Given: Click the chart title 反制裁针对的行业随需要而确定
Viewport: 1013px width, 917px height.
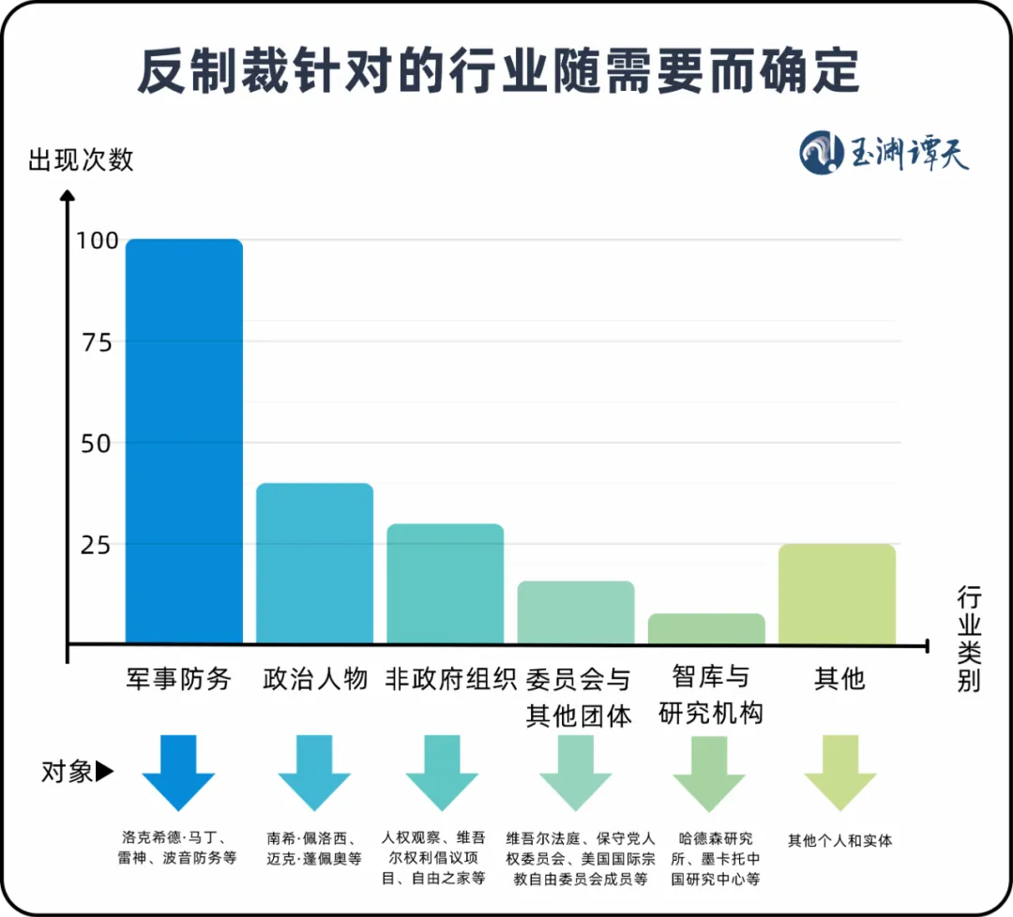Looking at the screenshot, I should point(498,72).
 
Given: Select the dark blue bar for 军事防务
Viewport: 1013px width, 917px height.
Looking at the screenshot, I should point(184,441).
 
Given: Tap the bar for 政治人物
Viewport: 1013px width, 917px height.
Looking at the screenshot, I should point(314,563).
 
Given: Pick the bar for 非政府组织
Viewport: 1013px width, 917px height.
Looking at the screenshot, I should point(446,583).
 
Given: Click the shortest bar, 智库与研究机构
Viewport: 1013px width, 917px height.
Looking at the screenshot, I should point(706,628).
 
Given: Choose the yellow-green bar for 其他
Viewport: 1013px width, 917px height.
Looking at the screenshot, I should point(837,593).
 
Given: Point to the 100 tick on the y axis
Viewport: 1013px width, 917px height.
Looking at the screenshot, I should point(98,241).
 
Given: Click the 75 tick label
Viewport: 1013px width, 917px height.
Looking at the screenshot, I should point(98,342).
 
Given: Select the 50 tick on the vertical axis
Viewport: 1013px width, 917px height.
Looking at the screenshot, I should point(98,443).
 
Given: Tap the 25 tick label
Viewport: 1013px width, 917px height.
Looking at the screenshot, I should point(98,545).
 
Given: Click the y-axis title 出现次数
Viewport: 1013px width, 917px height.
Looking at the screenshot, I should point(82,159).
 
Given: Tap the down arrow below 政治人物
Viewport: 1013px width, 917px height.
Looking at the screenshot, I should point(314,772).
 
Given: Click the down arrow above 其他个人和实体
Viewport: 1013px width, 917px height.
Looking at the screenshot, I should point(839,772).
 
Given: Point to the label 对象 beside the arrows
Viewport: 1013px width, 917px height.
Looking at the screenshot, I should point(68,772).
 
